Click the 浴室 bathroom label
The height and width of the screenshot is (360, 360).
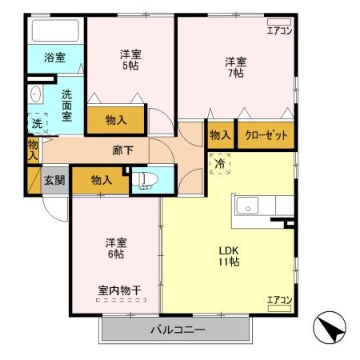point(54,58)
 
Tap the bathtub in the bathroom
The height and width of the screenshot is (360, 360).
point(54,31)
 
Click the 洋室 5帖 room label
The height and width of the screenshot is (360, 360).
point(131,60)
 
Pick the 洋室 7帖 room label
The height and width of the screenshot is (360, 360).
point(234,66)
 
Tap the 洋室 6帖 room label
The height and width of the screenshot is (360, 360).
point(116,247)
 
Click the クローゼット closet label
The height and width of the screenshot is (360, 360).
point(266,135)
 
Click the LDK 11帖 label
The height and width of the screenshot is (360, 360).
point(228,255)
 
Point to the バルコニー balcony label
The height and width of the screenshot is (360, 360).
point(178,330)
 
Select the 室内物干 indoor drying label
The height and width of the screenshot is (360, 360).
point(120,290)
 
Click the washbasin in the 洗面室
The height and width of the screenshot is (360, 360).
point(34,95)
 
